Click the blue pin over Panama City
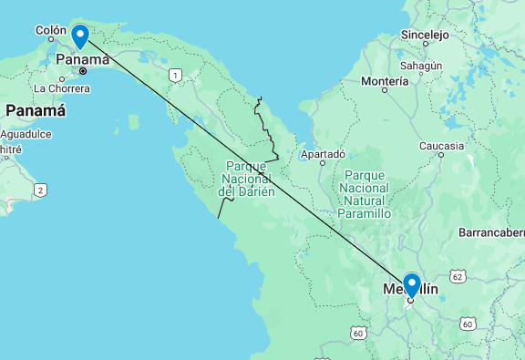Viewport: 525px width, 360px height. [80, 36]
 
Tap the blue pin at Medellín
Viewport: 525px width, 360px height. [411, 285]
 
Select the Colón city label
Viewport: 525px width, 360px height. [50, 30]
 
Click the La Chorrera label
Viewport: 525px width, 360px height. [62, 88]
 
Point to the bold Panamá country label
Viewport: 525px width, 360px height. [36, 110]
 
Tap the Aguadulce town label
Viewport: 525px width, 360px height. [25, 133]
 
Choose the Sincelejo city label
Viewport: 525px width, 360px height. [425, 36]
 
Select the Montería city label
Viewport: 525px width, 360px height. [385, 81]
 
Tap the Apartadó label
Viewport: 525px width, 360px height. [324, 154]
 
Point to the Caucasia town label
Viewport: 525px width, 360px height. [441, 146]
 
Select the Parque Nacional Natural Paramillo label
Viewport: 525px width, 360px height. [365, 193]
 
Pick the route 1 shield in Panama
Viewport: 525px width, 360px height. [175, 75]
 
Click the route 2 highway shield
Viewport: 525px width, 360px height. [40, 190]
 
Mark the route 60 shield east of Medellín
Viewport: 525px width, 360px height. [468, 324]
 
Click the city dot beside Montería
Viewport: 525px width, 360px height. [385, 90]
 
